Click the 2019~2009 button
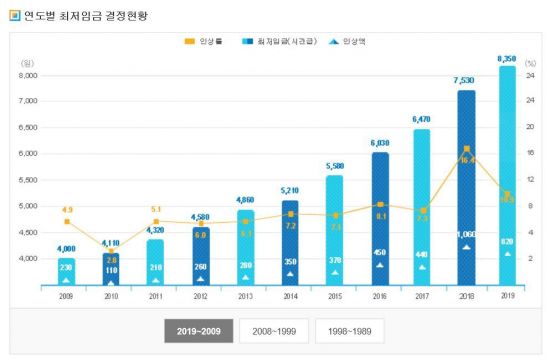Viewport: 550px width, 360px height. point(199,331)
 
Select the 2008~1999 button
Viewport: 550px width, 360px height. point(274,331)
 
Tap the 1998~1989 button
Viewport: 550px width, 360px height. point(349,331)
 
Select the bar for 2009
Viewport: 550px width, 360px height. point(66,270)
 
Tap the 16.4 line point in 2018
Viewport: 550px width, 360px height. point(466,149)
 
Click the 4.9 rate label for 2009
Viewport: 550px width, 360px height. point(66,210)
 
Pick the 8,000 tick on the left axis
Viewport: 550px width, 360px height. point(28,75)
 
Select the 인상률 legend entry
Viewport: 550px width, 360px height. point(204,41)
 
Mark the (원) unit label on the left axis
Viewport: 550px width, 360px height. point(26,63)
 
